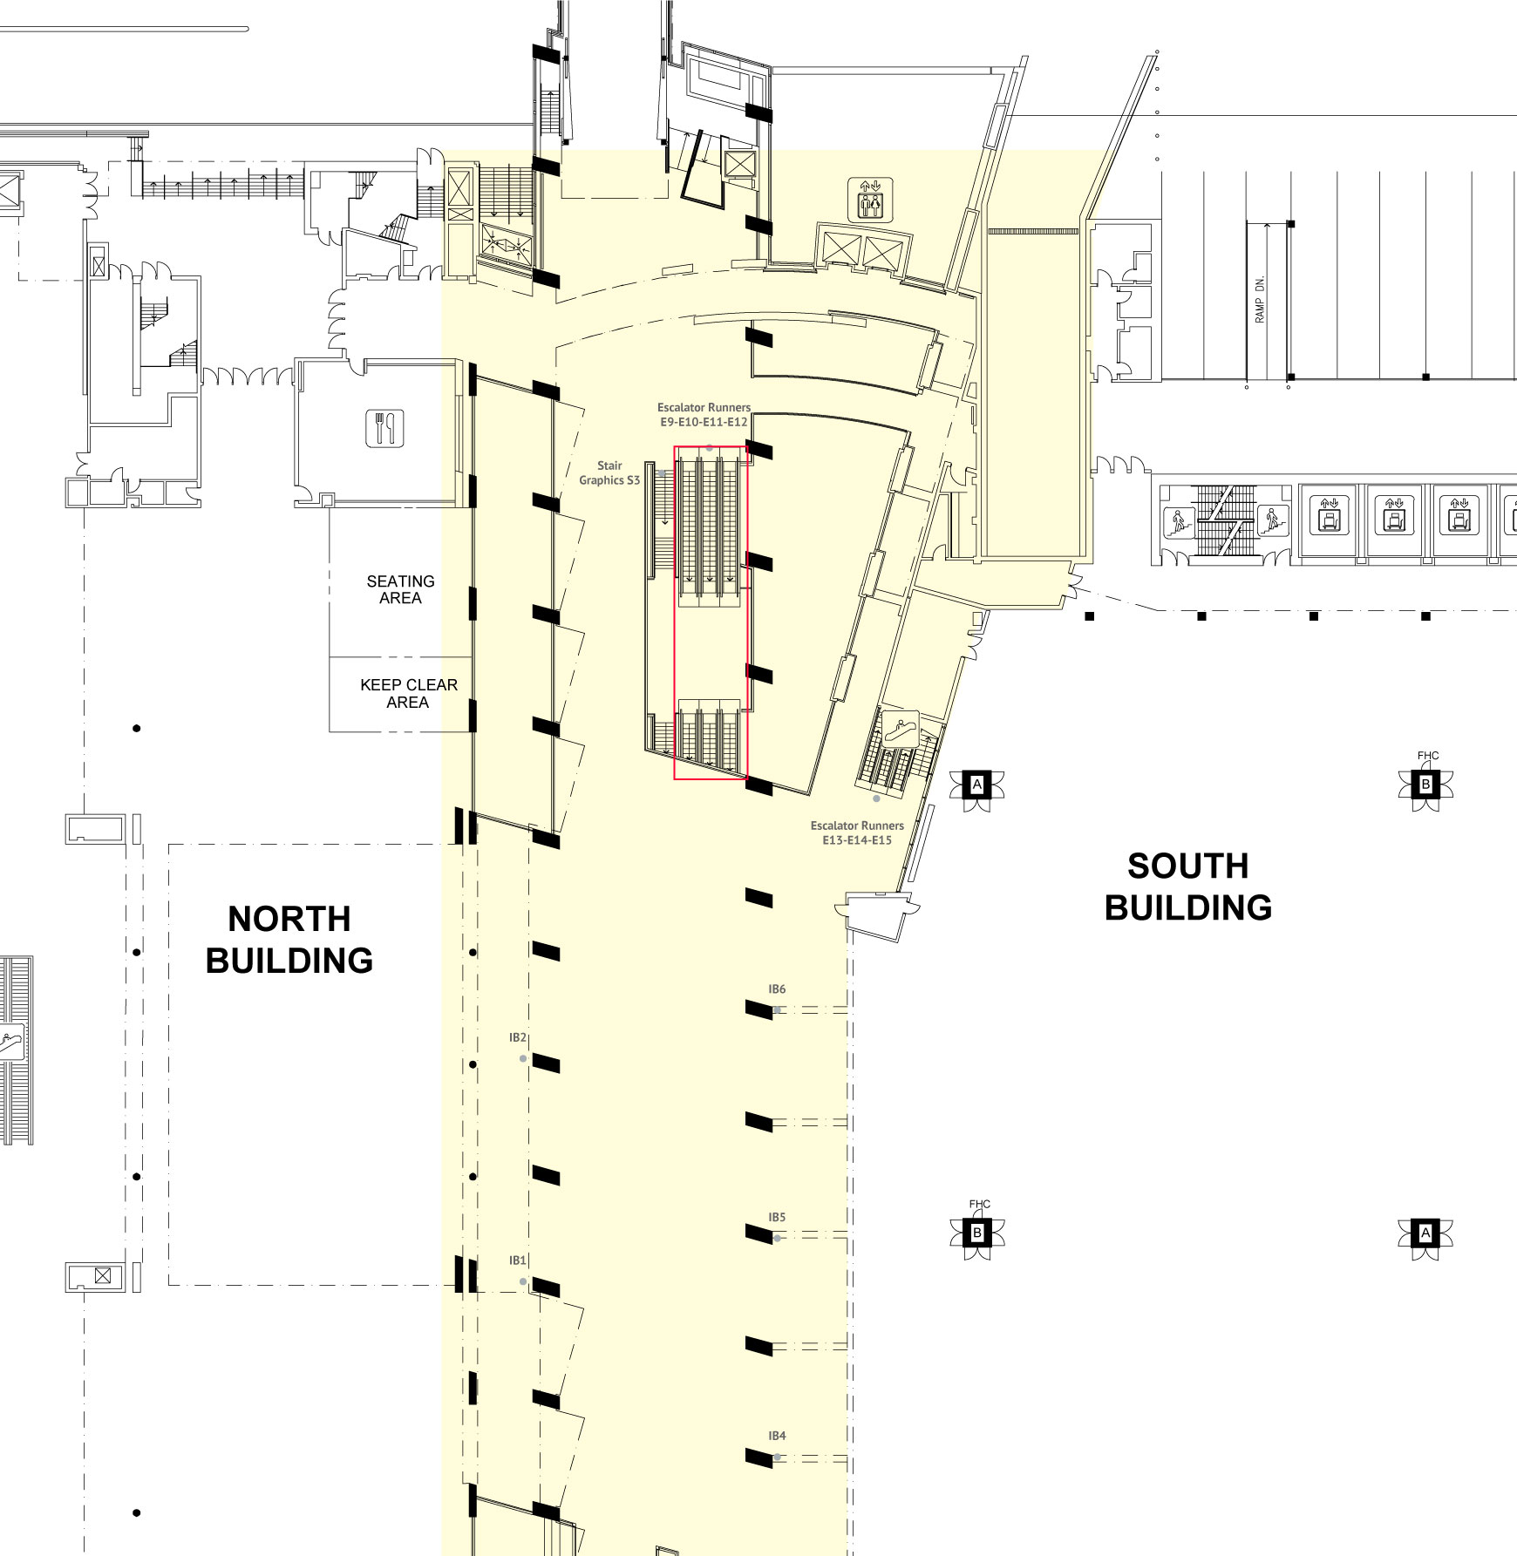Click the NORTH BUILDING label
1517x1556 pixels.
[289, 940]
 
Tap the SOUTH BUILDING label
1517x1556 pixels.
[1188, 887]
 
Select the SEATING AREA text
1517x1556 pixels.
[400, 589]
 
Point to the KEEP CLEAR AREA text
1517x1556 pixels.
[409, 693]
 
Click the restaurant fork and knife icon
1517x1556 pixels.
[384, 428]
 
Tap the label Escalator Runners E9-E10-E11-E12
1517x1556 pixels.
[704, 414]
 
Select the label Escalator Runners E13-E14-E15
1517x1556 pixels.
[857, 832]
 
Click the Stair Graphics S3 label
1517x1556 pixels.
[609, 472]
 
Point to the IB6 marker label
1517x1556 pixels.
[777, 989]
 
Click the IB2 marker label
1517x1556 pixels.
[518, 1037]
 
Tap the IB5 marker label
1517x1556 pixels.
[777, 1217]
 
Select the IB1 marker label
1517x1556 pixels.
[518, 1260]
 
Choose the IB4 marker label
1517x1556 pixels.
[777, 1436]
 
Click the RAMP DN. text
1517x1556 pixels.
[1259, 299]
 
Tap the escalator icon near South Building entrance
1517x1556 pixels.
[899, 728]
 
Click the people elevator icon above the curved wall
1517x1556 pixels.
[870, 200]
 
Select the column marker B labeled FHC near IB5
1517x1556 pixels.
[977, 1233]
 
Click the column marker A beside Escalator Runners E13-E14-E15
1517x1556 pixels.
[977, 785]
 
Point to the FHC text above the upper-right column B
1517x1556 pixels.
[1428, 756]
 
